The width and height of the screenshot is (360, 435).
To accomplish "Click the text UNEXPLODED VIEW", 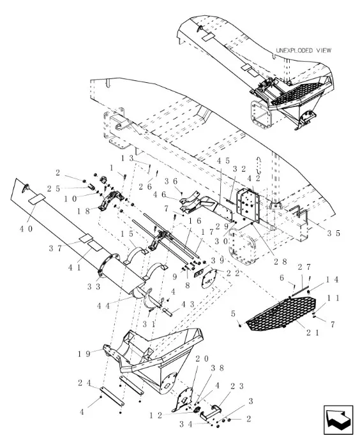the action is pos(303,50).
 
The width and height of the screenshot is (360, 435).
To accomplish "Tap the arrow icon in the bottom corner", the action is pos(338,418).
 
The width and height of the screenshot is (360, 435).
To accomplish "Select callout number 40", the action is pos(26,229).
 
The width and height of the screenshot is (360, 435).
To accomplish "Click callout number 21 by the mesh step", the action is pos(313,332).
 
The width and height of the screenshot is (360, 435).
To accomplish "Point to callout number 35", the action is pos(333,233).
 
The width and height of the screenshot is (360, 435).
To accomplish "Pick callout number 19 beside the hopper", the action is pos(84,354).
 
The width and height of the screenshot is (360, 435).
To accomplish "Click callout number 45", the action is pos(223,161).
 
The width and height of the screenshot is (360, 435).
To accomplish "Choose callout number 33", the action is pos(94,286).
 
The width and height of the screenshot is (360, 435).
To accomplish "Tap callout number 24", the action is pos(84,383).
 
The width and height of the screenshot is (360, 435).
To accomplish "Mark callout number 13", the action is pos(128,158).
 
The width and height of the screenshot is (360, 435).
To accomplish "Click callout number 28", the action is pos(280,262).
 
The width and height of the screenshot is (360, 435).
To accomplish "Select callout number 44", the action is pos(103,306).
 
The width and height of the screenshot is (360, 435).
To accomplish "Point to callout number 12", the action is pos(156,415).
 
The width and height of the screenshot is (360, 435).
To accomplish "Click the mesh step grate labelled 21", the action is pos(281,313).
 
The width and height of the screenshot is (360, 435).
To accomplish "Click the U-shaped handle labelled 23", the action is pos(211,412).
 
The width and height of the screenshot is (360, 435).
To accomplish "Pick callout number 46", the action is pos(160,195).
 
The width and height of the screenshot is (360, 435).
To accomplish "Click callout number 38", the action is pos(217,368).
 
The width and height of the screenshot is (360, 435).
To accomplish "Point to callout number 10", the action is pos(70,198).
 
